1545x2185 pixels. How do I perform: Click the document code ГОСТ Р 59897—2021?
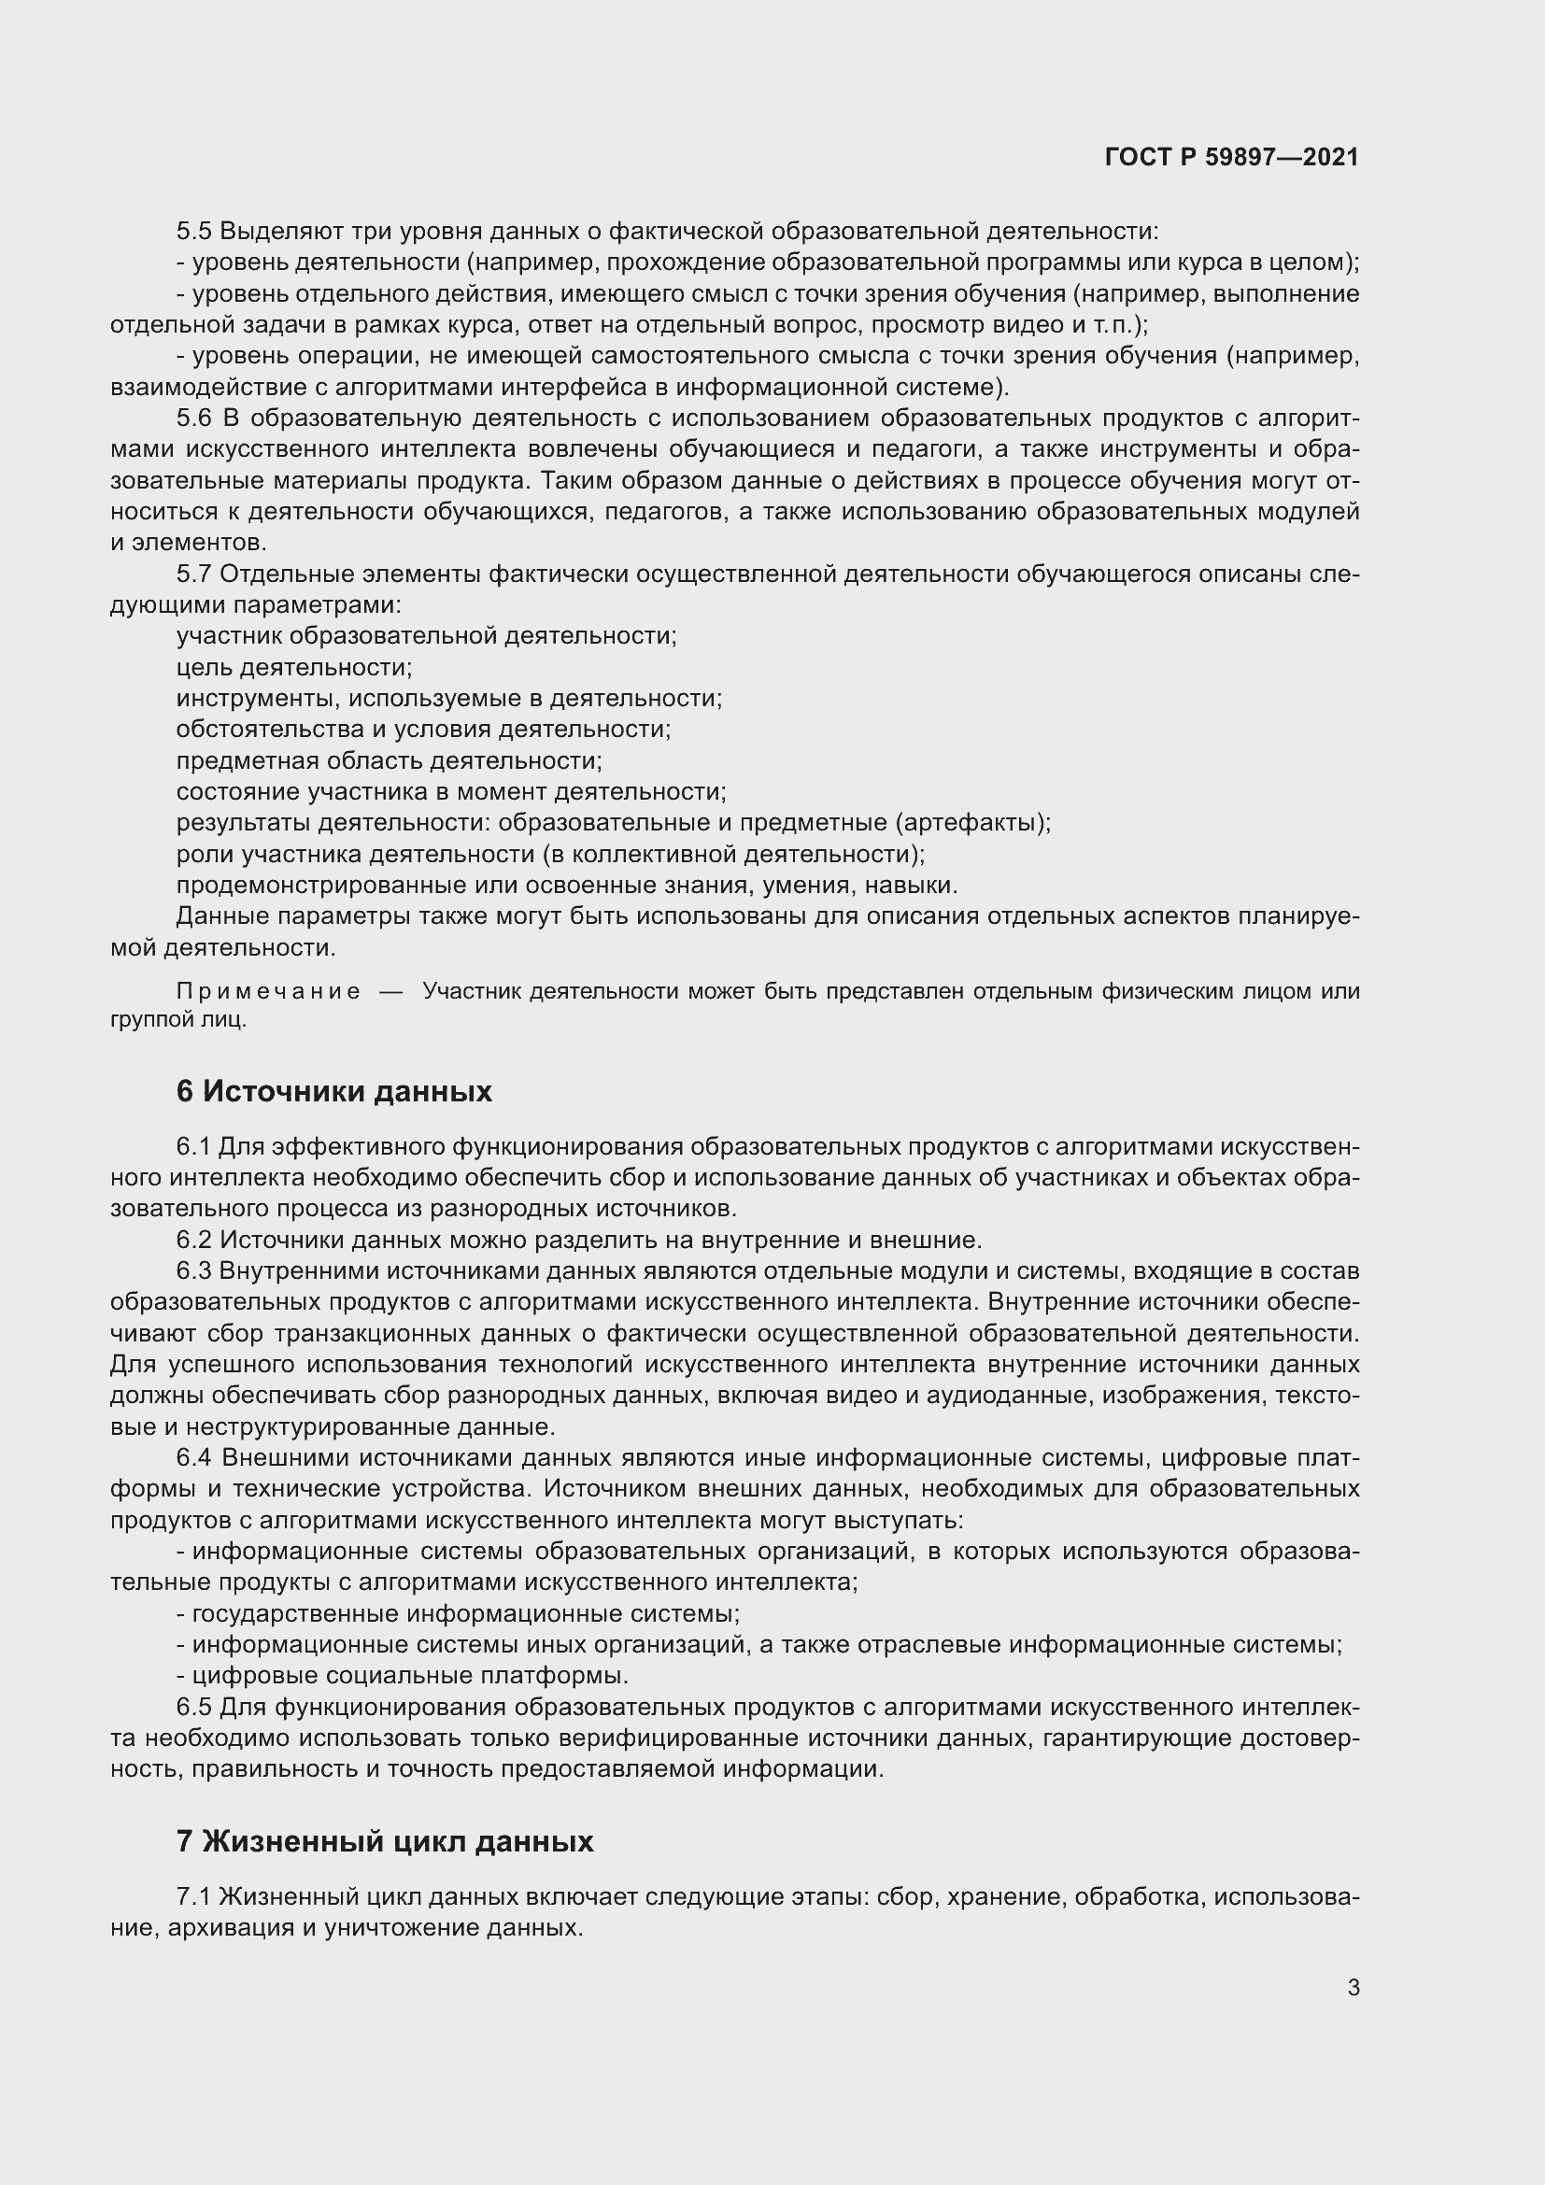[x=1231, y=157]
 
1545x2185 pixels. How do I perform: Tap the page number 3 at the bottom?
[x=1353, y=1988]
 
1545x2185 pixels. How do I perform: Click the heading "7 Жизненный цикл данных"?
[x=384, y=1841]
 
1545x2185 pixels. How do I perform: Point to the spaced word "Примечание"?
[x=268, y=992]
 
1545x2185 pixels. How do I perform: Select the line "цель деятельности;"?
[x=294, y=667]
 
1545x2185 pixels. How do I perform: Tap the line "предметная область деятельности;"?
[x=390, y=760]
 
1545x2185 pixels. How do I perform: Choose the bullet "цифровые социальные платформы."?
[x=410, y=1676]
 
